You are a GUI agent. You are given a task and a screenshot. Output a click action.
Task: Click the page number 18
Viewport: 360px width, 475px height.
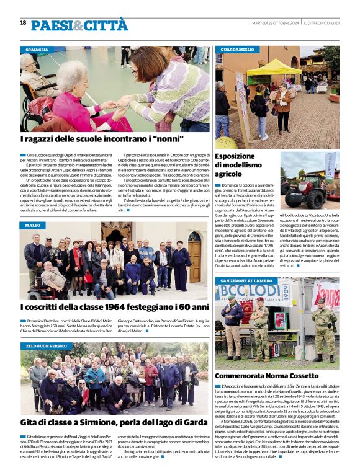click(x=23, y=23)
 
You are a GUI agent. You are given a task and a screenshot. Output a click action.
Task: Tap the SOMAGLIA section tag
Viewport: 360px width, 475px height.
click(x=37, y=50)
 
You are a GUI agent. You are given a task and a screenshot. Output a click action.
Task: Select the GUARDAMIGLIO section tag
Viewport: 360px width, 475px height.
click(x=237, y=50)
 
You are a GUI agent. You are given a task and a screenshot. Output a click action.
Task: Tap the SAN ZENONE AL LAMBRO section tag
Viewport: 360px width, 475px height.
click(x=247, y=281)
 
